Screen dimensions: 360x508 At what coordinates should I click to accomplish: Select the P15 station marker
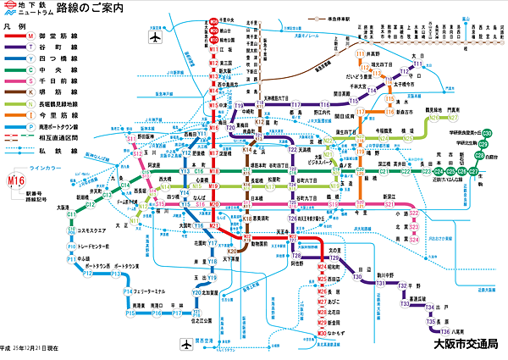(131, 313)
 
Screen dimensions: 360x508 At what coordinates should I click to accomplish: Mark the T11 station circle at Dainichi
(413, 63)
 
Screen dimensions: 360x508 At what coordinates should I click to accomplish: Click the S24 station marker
(414, 241)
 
